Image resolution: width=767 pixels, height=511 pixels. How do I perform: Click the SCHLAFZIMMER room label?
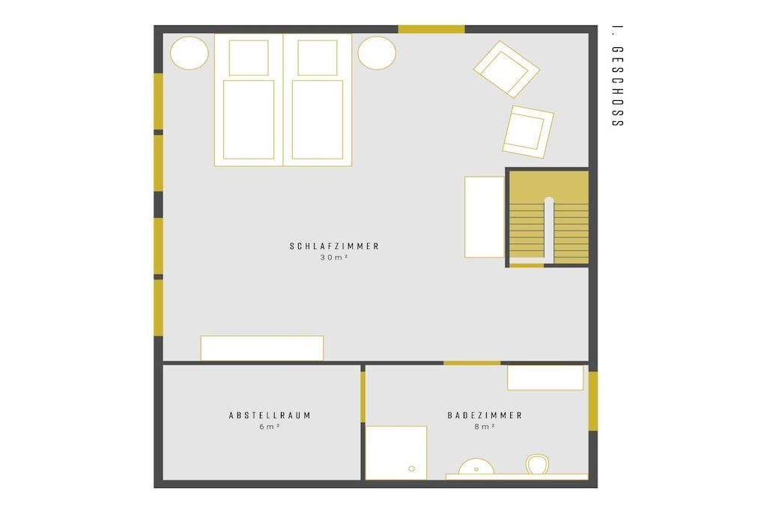pos(335,246)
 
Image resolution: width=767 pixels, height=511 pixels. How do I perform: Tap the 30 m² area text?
pos(334,257)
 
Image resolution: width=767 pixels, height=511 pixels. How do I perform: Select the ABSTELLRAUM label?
pos(270,415)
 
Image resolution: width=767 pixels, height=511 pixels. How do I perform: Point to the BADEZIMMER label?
pos(485,415)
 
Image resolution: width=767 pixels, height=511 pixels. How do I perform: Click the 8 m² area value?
pos(485,426)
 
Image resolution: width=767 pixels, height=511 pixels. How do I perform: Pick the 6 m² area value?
pos(270,426)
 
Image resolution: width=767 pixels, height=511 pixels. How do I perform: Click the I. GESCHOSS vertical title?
pos(618,76)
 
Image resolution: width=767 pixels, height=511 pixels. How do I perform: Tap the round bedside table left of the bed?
pos(190,53)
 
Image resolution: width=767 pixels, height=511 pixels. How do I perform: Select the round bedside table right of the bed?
pos(377,53)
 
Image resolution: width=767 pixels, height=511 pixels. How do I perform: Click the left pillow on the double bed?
pos(249,58)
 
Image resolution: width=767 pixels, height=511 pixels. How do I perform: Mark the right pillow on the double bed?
pos(318,58)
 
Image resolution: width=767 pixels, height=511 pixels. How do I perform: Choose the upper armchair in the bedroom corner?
pos(506,70)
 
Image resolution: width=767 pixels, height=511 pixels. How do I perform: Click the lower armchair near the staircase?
pos(528,132)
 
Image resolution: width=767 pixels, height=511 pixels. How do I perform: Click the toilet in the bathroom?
pos(538,464)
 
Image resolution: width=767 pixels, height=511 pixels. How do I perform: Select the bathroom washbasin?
pos(476,467)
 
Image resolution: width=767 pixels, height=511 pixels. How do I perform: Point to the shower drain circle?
pos(411,468)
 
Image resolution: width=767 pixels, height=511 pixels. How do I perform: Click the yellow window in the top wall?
pos(431,29)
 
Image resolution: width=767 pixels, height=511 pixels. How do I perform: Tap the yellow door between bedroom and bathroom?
pos(472,363)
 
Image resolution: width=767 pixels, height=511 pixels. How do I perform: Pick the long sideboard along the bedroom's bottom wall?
pos(261,348)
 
